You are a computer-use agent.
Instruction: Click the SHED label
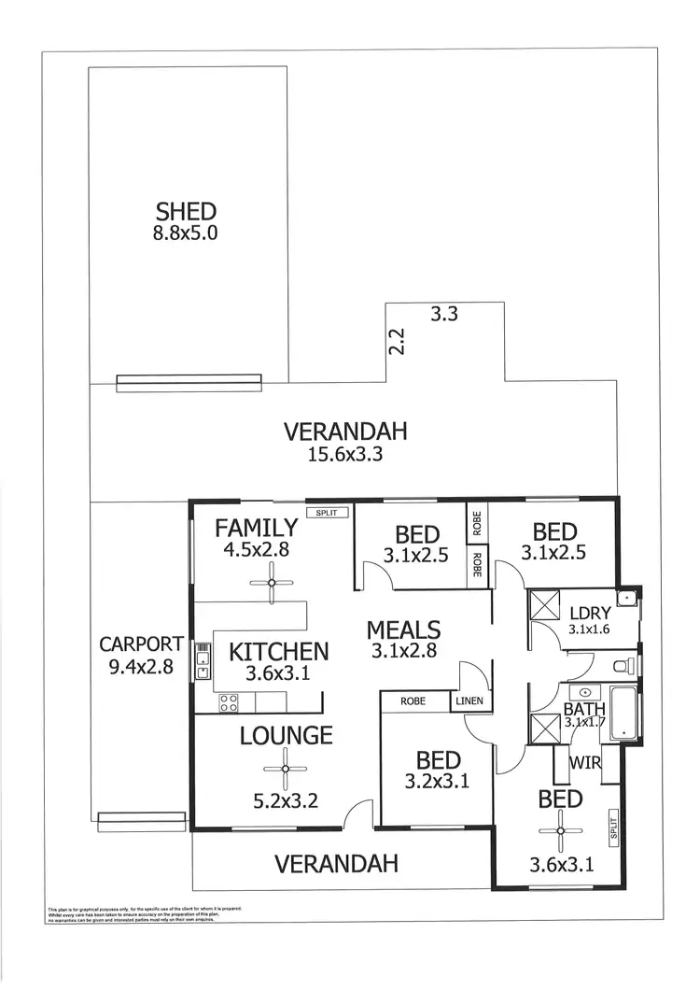[x=186, y=212]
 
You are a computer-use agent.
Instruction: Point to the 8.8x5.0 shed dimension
[x=186, y=233]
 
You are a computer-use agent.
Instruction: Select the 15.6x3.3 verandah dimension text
[x=346, y=455]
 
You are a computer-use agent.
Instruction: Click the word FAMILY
[x=257, y=529]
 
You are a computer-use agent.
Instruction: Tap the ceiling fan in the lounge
[x=286, y=770]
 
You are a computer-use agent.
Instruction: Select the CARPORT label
[x=142, y=643]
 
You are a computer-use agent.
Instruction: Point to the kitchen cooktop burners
[x=230, y=703]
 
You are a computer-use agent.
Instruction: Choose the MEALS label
[x=403, y=629]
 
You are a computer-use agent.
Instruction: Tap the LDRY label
[x=590, y=613]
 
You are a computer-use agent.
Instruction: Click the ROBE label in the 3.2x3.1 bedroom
[x=413, y=700]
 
